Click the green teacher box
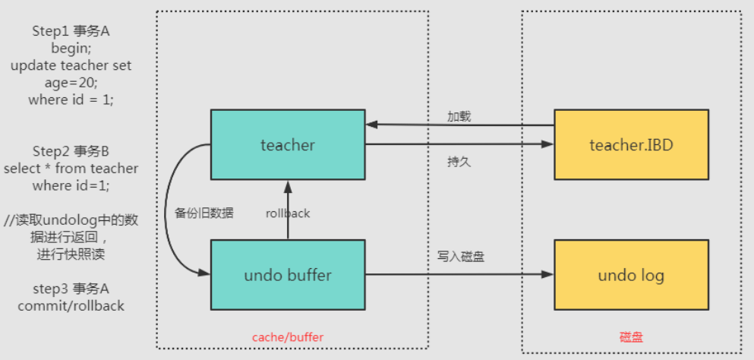287,144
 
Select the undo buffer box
287,275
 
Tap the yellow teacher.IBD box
631,144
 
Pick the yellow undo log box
631,275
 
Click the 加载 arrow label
459,116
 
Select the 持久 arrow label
459,162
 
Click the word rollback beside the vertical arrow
288,213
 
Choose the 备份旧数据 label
204,213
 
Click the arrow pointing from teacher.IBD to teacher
459,125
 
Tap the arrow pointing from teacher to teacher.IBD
459,144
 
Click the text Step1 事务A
71,30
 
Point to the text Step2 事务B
71,150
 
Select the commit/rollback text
71,306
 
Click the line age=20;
71,83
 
